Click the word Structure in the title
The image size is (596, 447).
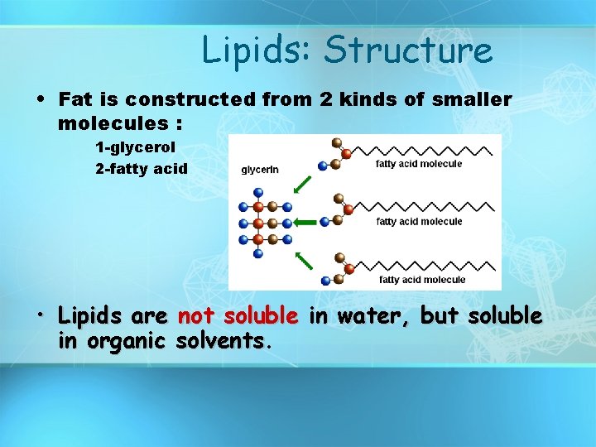[408, 50]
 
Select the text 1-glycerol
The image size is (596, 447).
[135, 147]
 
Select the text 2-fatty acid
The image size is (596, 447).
[142, 168]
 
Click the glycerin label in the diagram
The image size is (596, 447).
[260, 170]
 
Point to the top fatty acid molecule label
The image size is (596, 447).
[419, 164]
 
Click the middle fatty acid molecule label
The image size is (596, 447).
[419, 221]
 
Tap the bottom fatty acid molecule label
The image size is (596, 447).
[422, 279]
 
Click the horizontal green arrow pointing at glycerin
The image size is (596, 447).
[308, 222]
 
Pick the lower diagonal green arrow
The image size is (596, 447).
[305, 261]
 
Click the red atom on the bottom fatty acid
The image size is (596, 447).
[348, 268]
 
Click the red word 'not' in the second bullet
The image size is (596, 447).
[195, 316]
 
